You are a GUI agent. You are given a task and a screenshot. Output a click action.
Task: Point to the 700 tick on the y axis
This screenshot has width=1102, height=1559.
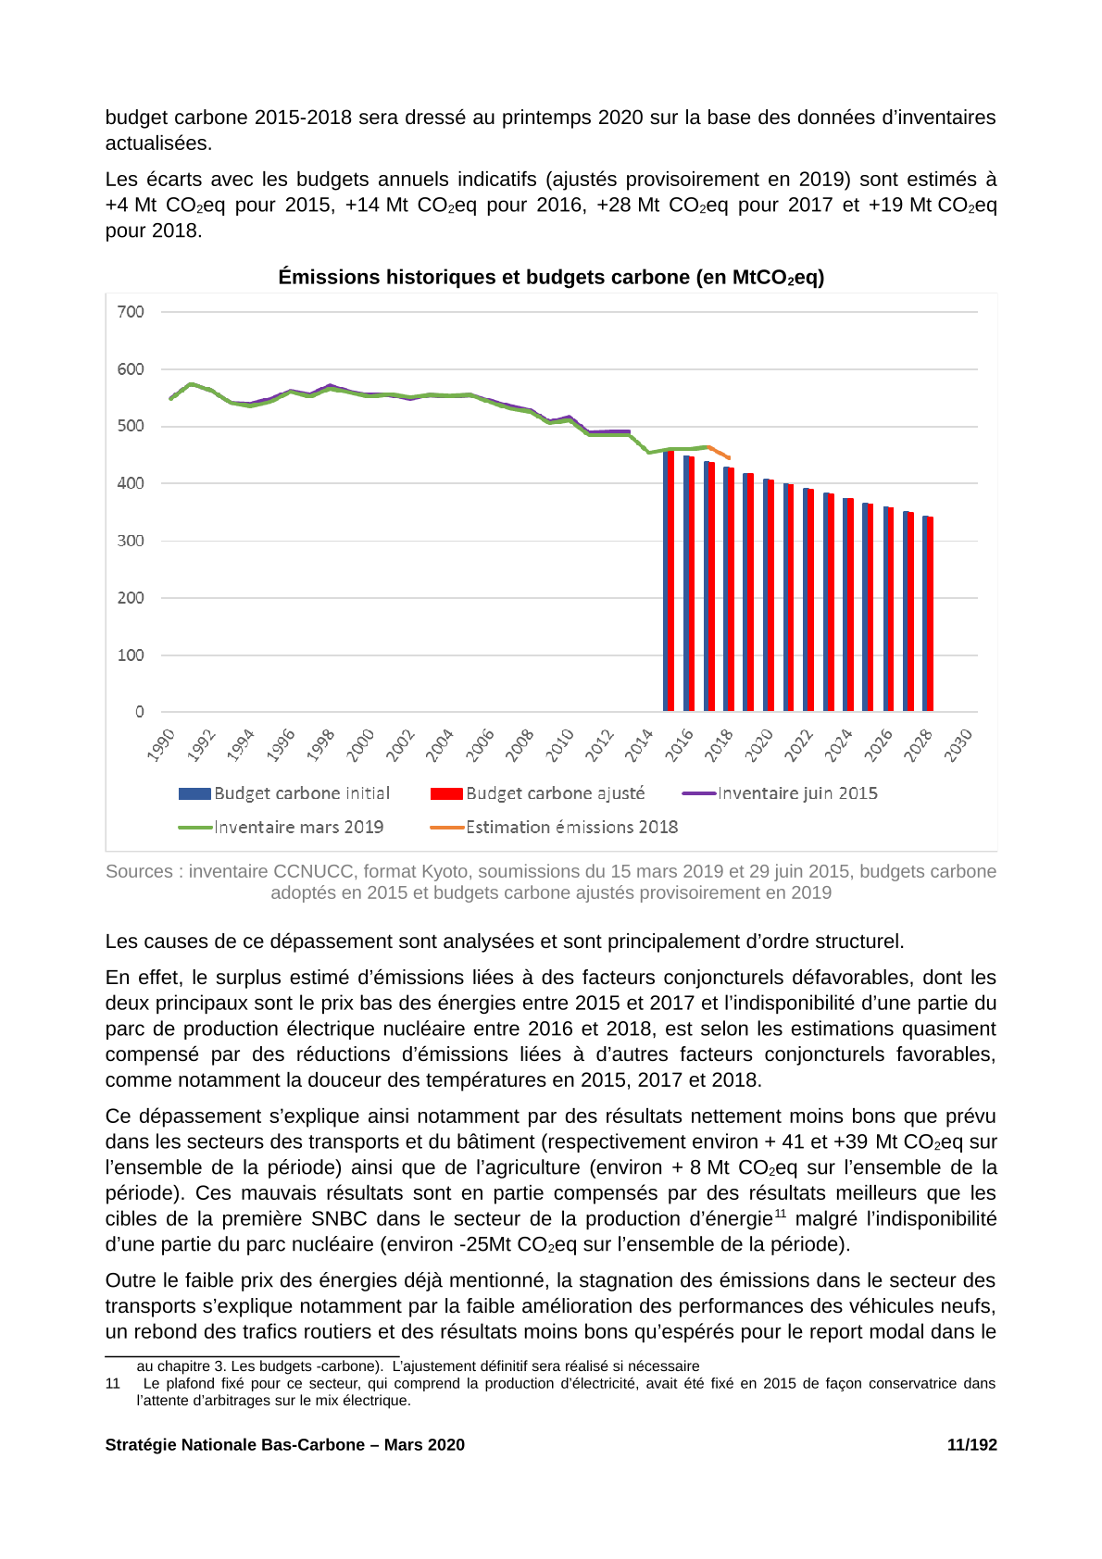(131, 312)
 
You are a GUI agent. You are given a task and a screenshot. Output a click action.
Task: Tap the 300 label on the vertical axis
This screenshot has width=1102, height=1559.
(131, 541)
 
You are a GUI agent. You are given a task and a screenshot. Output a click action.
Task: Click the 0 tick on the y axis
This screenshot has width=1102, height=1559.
(140, 712)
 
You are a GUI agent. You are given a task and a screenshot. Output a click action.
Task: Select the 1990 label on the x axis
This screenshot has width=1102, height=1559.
(161, 745)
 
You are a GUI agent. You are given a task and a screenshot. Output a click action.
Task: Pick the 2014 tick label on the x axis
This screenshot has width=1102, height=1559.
(638, 745)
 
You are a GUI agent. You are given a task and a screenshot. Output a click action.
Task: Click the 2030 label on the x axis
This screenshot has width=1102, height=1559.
(958, 745)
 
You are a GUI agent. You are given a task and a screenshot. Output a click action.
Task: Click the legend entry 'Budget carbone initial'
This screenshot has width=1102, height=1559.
(284, 793)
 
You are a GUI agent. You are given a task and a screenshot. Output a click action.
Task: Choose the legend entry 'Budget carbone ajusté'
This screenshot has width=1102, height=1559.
(537, 793)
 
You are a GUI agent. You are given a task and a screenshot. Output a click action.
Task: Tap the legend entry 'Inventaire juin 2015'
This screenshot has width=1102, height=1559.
(780, 793)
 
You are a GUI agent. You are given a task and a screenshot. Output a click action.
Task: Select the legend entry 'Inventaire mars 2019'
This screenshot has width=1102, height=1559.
(281, 827)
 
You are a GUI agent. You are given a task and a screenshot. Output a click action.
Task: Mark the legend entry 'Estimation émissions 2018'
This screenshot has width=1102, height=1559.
(554, 827)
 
